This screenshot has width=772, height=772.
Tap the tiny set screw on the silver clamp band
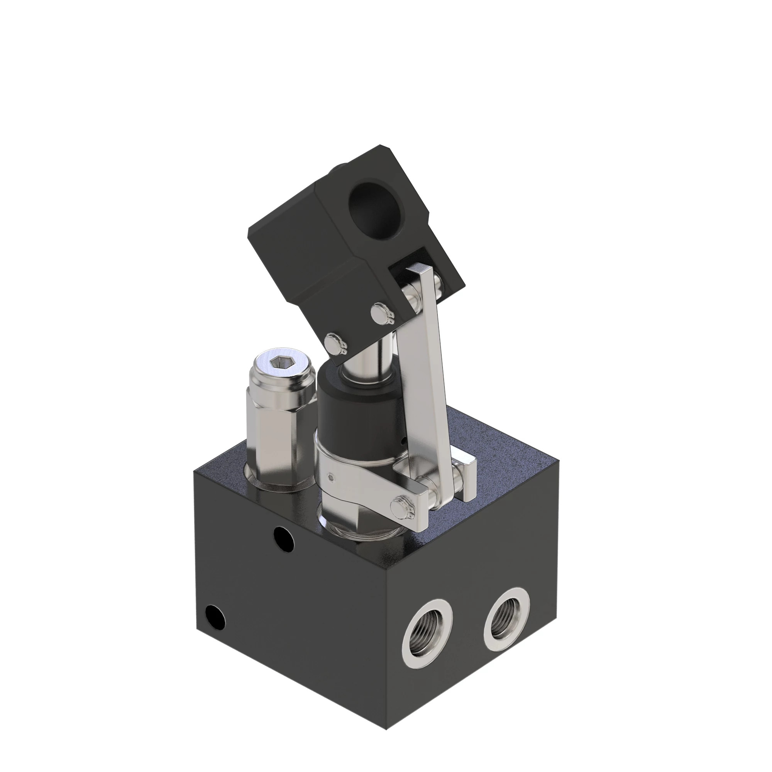330,476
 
